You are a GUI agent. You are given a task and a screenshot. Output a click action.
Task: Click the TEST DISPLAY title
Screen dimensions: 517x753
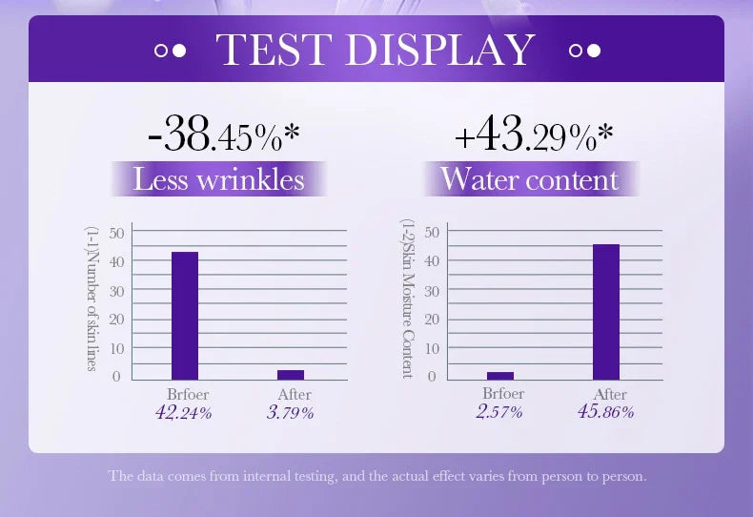376,50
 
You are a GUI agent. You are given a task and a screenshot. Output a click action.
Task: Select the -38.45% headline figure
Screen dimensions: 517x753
224,135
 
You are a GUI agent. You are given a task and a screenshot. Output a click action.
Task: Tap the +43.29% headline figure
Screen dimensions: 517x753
533,135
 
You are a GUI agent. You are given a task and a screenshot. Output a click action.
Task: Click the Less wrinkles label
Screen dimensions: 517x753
219,178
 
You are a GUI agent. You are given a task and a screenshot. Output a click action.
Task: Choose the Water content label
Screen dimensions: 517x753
530,178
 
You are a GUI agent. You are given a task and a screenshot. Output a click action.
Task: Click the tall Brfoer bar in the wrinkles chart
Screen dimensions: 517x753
184,316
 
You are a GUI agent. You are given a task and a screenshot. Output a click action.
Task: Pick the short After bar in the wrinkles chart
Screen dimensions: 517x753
290,375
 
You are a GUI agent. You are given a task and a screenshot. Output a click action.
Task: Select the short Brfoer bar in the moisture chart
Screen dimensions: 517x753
500,376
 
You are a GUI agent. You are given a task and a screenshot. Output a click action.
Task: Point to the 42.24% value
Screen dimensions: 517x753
183,413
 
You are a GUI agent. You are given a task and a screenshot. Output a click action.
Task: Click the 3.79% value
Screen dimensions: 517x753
290,413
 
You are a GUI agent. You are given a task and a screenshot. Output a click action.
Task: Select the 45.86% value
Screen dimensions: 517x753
605,412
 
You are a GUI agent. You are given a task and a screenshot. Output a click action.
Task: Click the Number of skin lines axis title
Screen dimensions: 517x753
92,300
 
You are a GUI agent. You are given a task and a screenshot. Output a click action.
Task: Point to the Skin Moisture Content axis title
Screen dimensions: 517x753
407,298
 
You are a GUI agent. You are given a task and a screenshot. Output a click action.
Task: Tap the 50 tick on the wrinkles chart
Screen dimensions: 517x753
116,232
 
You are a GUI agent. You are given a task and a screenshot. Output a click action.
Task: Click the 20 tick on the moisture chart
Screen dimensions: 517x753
431,319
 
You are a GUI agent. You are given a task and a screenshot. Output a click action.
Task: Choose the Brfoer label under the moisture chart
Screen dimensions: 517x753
503,393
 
